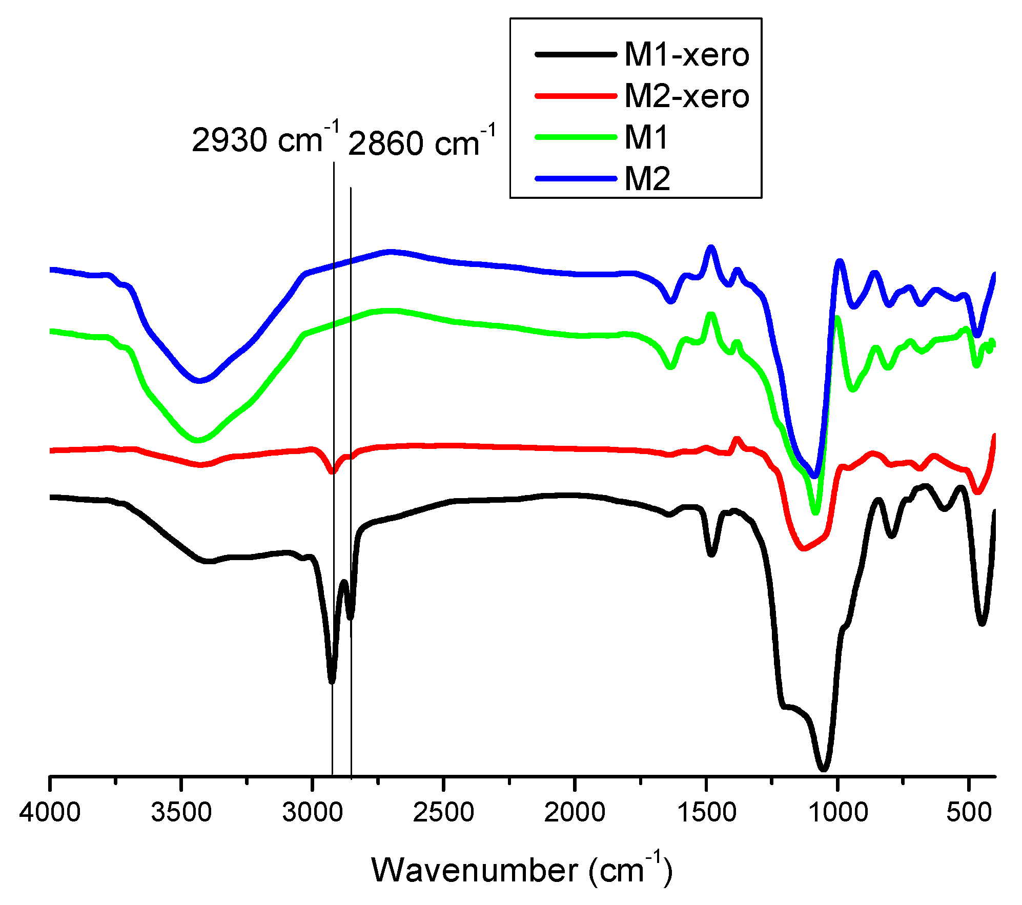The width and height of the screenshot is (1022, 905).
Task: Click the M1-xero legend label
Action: [686, 55]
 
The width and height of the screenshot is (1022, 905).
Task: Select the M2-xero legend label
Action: [686, 96]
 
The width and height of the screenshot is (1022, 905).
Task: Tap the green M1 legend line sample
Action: [576, 137]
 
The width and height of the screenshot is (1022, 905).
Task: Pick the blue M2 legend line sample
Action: [576, 178]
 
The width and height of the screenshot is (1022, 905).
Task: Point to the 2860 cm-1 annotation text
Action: [421, 141]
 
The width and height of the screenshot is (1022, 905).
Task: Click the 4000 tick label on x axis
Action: [50, 812]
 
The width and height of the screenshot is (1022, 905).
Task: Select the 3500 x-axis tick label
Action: [181, 812]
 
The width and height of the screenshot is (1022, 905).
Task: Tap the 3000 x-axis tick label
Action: [312, 812]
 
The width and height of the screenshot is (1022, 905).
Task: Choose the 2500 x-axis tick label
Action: [443, 812]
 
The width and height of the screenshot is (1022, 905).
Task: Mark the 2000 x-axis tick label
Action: [575, 812]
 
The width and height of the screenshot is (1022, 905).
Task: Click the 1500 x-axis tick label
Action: [706, 812]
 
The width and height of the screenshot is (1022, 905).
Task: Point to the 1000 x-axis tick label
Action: [837, 812]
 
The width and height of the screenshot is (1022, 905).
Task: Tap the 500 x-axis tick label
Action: [969, 812]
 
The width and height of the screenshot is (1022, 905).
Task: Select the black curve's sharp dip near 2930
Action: [332, 681]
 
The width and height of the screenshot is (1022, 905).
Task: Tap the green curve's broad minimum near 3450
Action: [199, 440]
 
